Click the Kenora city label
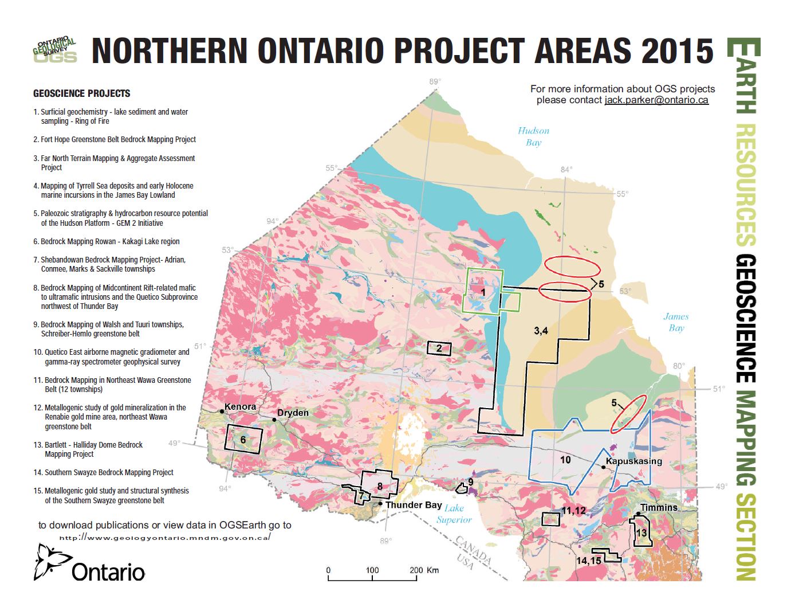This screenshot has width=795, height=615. coord(240,407)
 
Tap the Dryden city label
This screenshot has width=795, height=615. coord(293,413)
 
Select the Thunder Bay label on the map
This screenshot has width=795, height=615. coord(413,505)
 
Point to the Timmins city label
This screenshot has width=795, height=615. coord(659,508)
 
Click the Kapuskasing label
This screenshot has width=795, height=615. coord(633,461)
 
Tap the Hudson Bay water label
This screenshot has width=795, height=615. coord(533,136)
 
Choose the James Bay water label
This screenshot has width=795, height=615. coord(676,322)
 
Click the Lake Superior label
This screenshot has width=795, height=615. coord(454,514)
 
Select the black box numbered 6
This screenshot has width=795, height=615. coord(243,440)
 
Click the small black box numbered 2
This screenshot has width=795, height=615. coord(439,348)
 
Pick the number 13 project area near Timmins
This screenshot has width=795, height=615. coord(641,532)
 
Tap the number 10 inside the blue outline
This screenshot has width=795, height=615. coord(565,460)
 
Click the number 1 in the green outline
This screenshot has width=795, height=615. coord(483,292)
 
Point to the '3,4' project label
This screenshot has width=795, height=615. coord(541,331)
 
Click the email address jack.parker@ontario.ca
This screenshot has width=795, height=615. coord(656,100)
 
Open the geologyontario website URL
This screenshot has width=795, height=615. coord(164,538)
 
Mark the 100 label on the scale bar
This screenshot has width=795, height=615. coord(372,570)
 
